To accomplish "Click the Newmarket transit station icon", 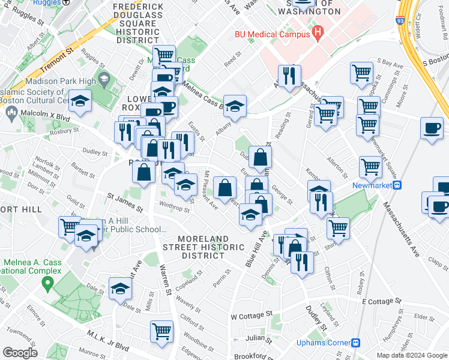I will pos(397,185).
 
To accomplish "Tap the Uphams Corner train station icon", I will pos(356,343).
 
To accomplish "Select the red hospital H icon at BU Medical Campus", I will pos(318,32).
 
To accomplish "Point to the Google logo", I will pos(20,352).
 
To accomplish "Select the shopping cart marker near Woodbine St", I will pos(161,330).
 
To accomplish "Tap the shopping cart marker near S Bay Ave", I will pos(361,73).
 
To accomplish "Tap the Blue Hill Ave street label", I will pos(255,249).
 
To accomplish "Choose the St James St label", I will pos(125,202).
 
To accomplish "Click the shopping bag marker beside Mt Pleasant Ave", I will pos(224,187).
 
